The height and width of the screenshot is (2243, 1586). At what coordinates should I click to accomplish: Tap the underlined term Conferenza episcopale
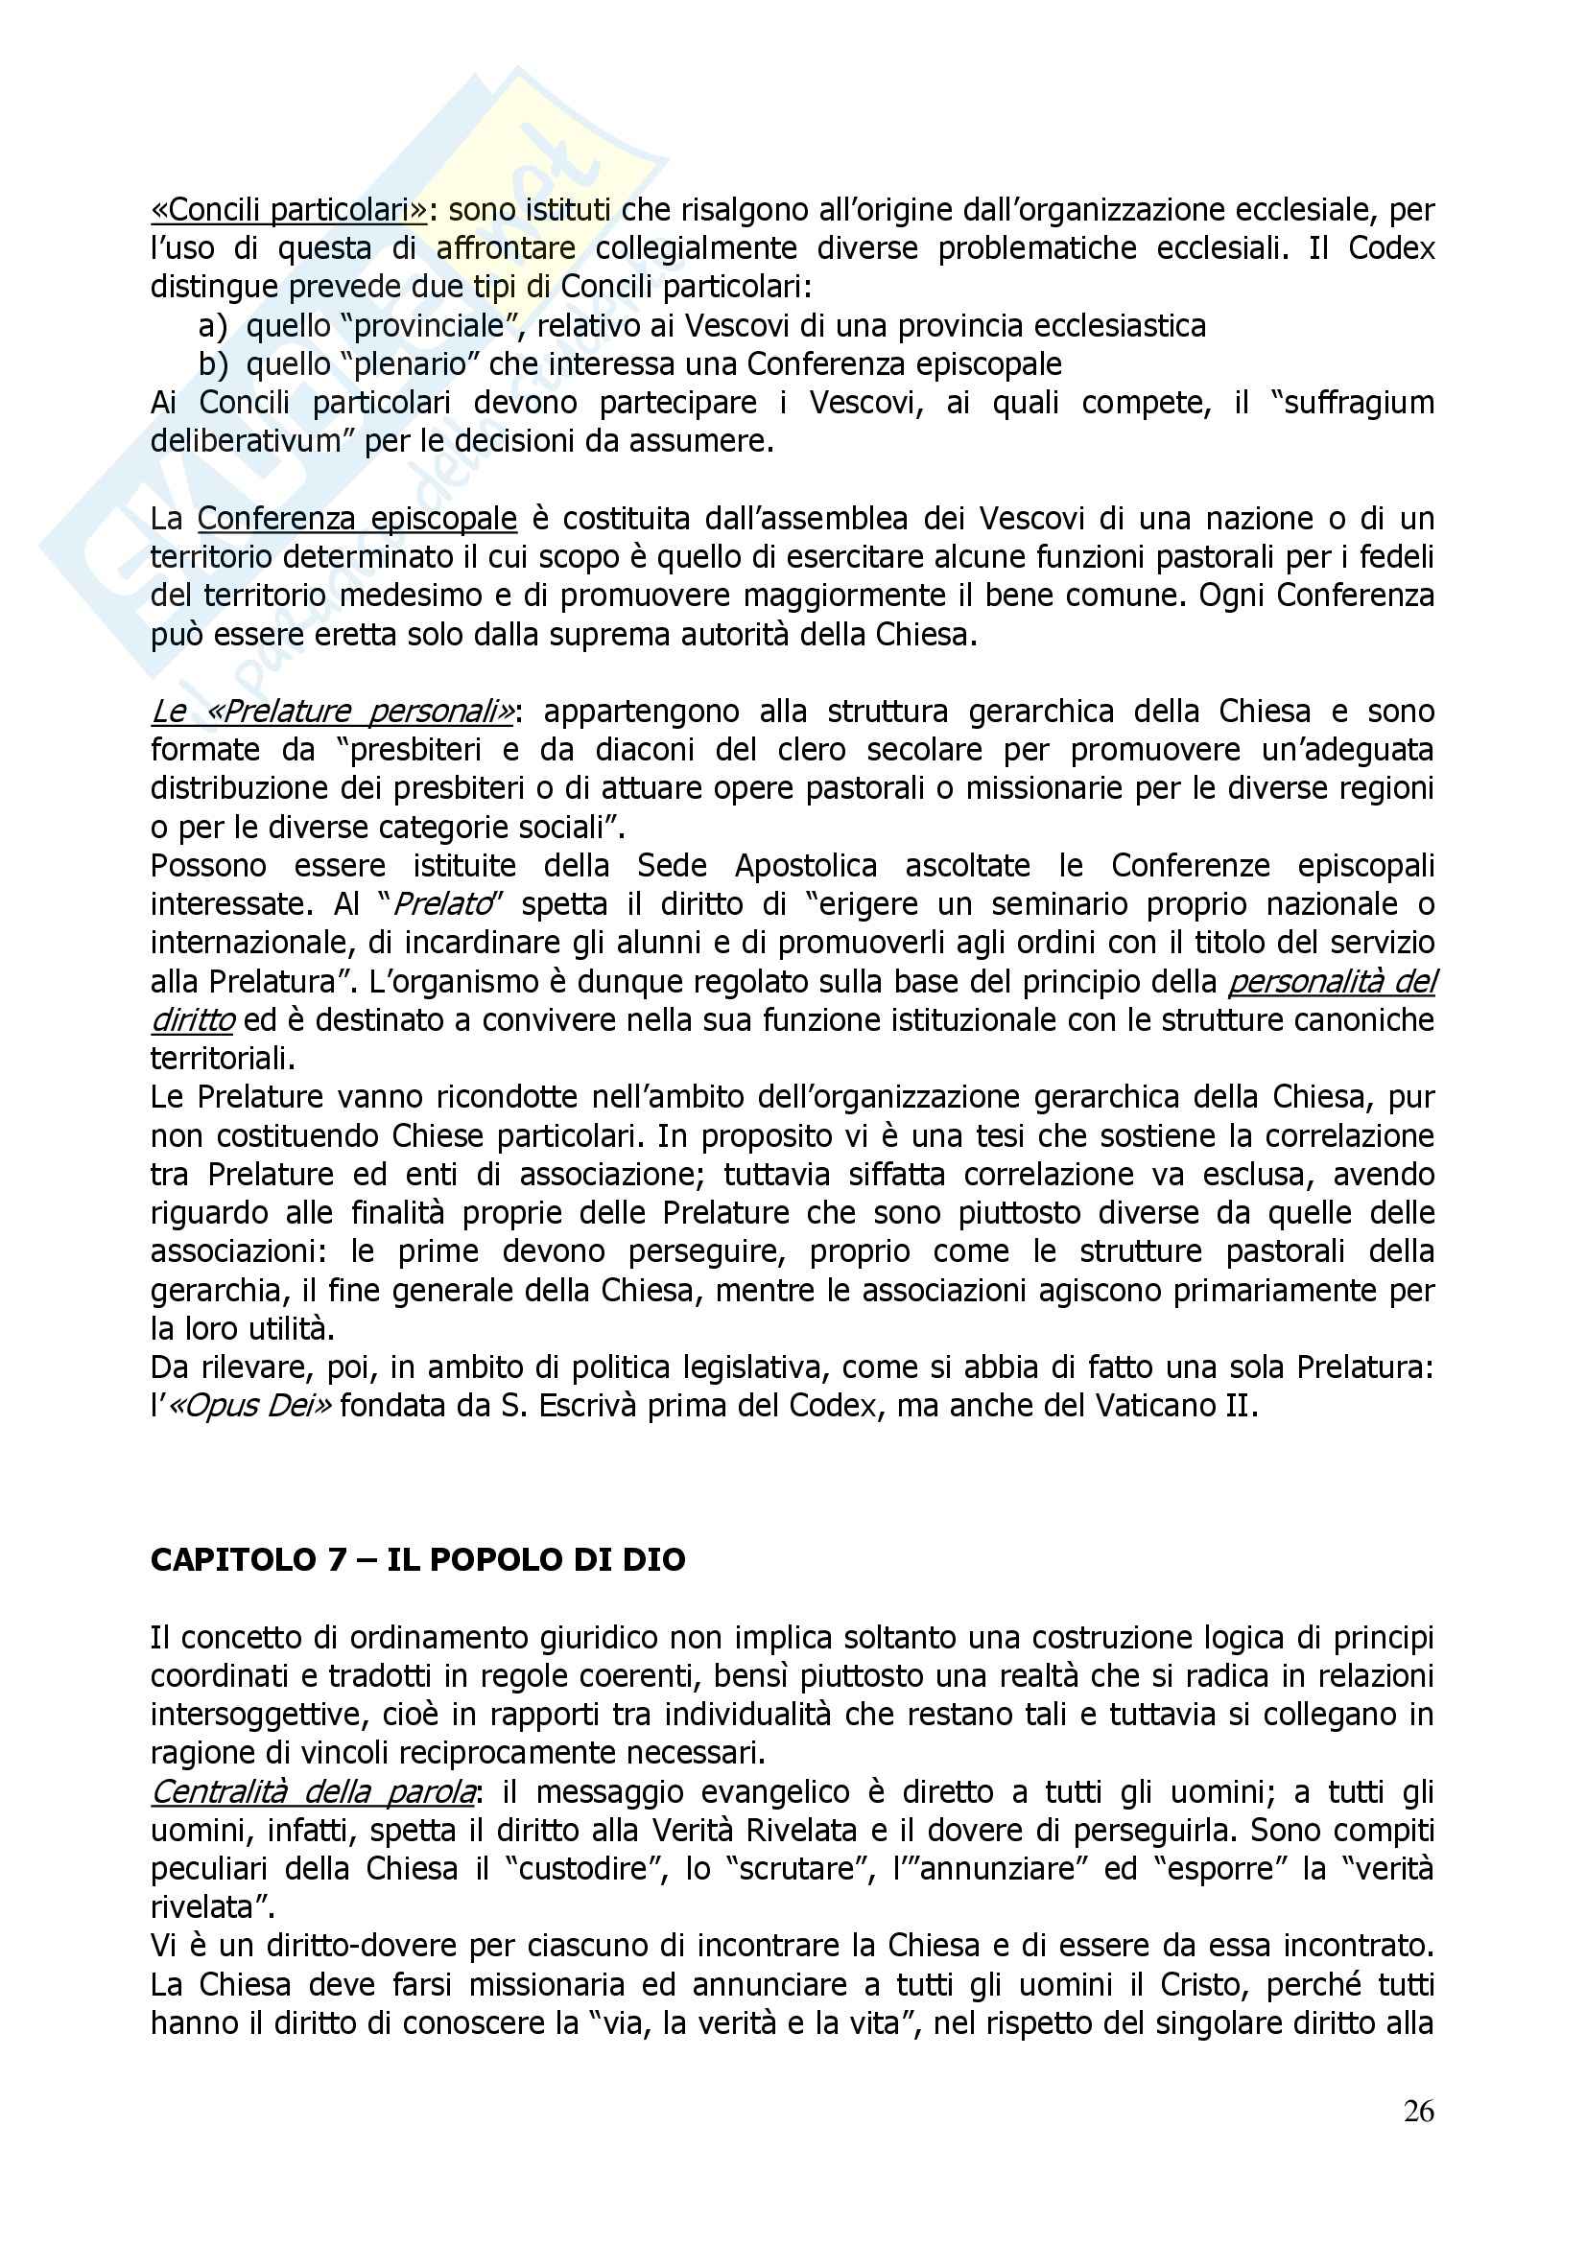point(357,518)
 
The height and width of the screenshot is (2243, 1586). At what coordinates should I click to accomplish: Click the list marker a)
point(212,325)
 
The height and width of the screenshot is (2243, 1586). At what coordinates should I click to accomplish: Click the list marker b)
point(212,364)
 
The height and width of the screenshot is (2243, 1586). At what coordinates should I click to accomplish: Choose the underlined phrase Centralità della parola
point(314,1791)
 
